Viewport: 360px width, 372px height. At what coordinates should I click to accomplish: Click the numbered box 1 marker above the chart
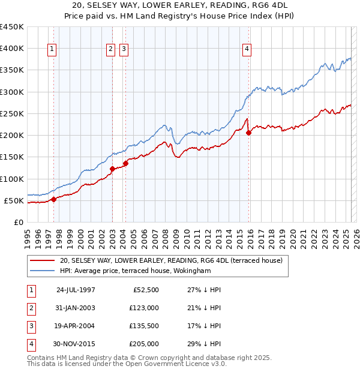[53, 50]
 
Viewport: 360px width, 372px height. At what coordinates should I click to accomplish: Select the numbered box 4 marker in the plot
[247, 50]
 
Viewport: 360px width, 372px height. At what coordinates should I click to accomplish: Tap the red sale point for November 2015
[249, 133]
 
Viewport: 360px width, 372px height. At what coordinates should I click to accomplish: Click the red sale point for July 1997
[53, 199]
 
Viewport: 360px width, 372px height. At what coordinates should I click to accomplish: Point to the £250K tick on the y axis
[13, 113]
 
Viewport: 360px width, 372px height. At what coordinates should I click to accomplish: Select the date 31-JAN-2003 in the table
[76, 308]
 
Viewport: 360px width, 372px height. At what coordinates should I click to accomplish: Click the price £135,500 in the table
[144, 326]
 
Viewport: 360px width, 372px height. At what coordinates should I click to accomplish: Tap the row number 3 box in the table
[31, 326]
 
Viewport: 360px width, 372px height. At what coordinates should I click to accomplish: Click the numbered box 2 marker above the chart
[111, 50]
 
